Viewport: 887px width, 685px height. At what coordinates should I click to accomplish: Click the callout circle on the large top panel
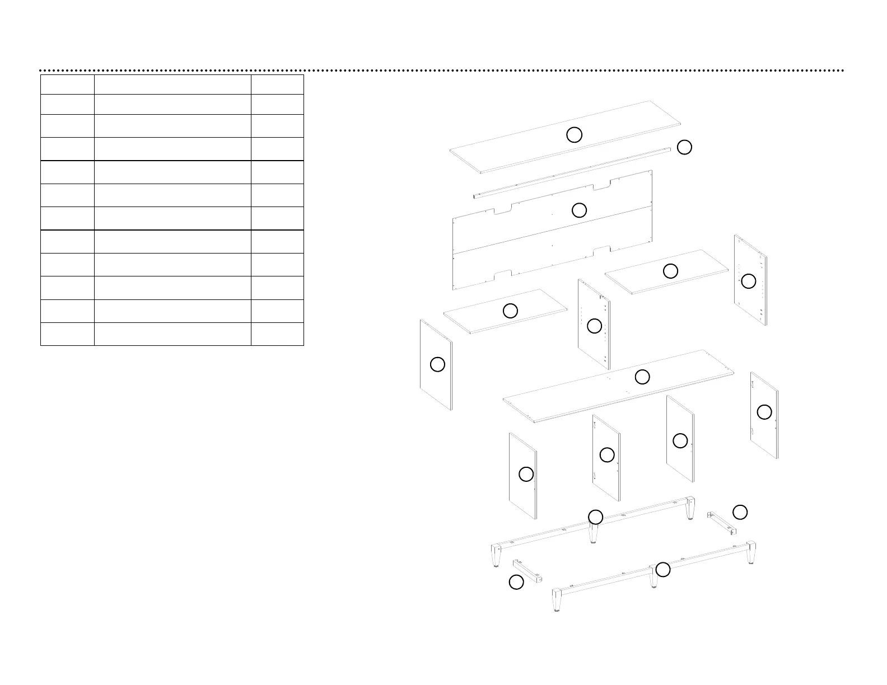(x=574, y=134)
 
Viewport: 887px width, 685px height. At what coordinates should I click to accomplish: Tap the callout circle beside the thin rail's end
(x=684, y=147)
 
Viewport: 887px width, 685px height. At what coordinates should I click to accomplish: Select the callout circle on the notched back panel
(x=579, y=210)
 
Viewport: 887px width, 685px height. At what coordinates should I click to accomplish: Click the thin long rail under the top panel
(x=571, y=172)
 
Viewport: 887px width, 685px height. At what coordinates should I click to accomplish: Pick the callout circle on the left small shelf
(x=510, y=311)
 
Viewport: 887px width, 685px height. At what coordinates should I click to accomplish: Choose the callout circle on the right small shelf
(x=670, y=271)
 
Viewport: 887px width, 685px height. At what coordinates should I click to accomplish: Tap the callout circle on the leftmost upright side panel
(x=437, y=364)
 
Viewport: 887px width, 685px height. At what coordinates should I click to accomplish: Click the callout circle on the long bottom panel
(x=642, y=377)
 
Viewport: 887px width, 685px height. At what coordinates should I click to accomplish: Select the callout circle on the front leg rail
(x=663, y=570)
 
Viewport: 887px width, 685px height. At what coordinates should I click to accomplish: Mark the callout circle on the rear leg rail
(x=596, y=517)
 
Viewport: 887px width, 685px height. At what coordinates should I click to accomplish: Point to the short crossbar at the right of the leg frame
(x=722, y=523)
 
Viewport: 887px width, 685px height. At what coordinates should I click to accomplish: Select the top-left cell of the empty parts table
(x=67, y=85)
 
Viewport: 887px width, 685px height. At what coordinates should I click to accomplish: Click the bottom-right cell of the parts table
(x=277, y=334)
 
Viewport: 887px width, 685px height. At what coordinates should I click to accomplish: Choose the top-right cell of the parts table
(x=277, y=85)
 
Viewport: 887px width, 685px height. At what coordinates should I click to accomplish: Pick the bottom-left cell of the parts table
(x=67, y=334)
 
